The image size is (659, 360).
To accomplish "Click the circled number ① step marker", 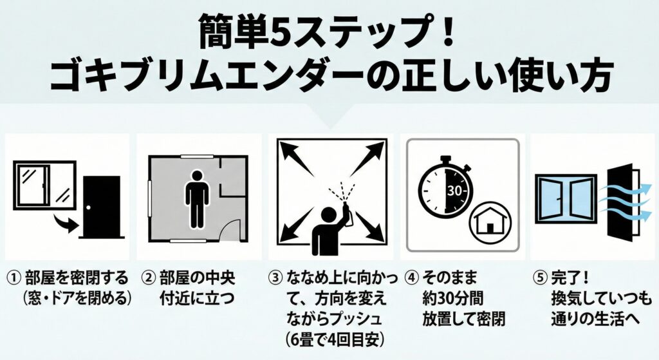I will click(x=15, y=279).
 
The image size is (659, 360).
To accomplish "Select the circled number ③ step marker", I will click(x=276, y=279).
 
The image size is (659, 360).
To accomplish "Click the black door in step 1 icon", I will click(x=102, y=206).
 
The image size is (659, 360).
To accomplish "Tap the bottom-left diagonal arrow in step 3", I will click(x=297, y=225).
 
